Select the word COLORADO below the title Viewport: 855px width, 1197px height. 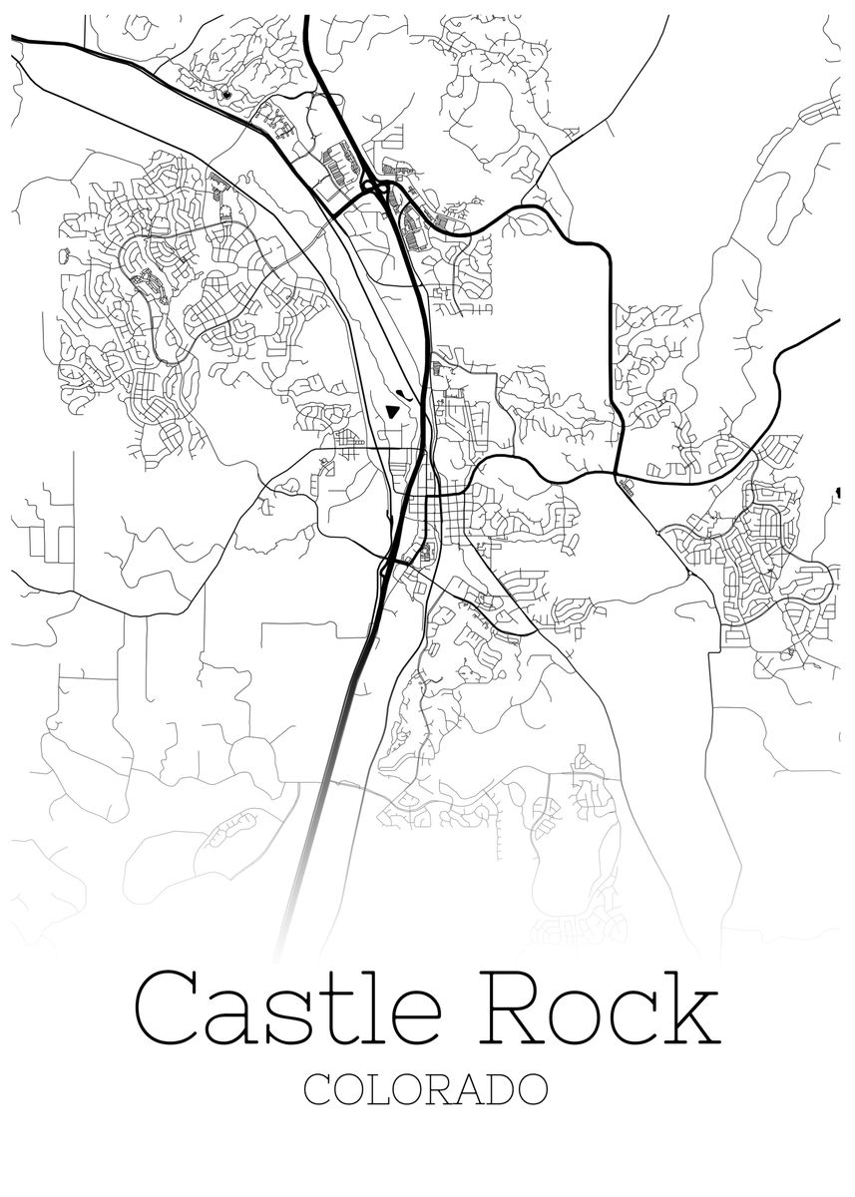(x=426, y=1089)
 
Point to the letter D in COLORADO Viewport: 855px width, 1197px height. (x=496, y=1089)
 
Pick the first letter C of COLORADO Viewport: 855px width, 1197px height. (x=319, y=1089)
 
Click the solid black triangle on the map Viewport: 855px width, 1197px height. (x=393, y=409)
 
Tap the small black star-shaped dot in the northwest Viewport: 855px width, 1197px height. (x=226, y=95)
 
